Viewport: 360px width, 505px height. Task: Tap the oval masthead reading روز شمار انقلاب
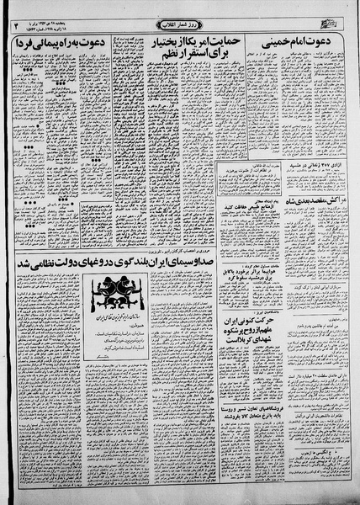coord(179,23)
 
